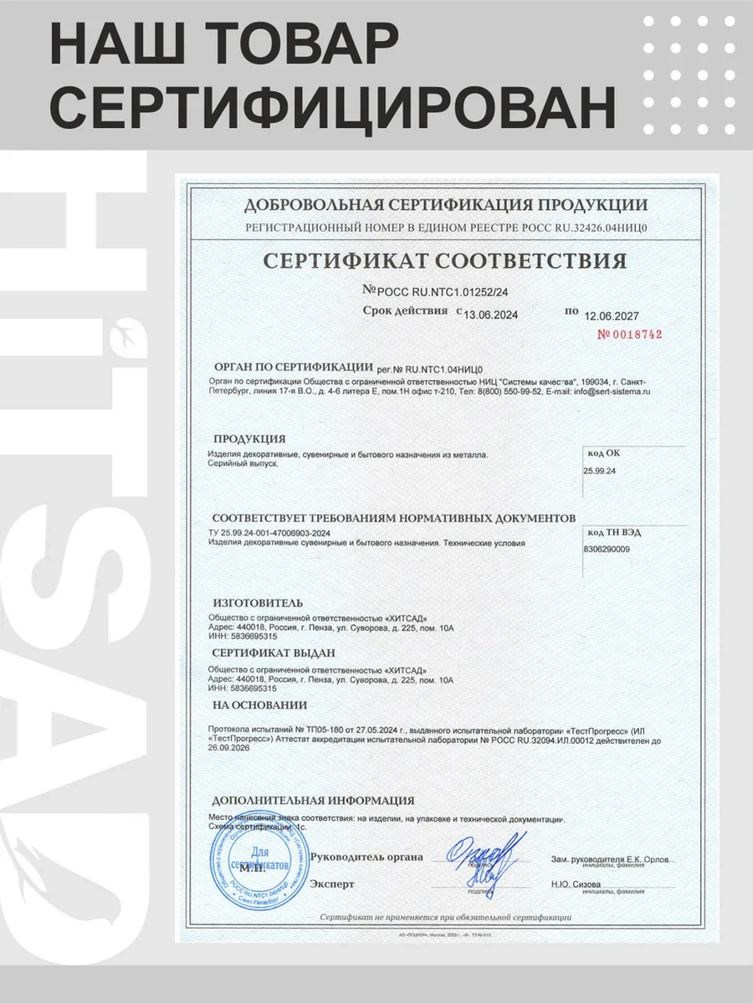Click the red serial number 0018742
pyautogui.click(x=629, y=334)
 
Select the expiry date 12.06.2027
pyautogui.click(x=612, y=315)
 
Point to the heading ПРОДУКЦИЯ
pyautogui.click(x=249, y=438)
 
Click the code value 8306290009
pyautogui.click(x=607, y=549)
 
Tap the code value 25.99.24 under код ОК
pyautogui.click(x=600, y=471)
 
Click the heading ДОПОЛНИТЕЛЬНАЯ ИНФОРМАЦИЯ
pyautogui.click(x=313, y=800)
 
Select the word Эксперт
pyautogui.click(x=331, y=884)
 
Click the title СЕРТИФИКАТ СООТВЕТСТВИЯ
pyautogui.click(x=444, y=260)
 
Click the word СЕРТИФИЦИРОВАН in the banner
pyautogui.click(x=334, y=109)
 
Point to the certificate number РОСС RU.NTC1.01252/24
pyautogui.click(x=438, y=290)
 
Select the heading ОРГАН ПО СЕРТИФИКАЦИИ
pyautogui.click(x=292, y=366)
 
